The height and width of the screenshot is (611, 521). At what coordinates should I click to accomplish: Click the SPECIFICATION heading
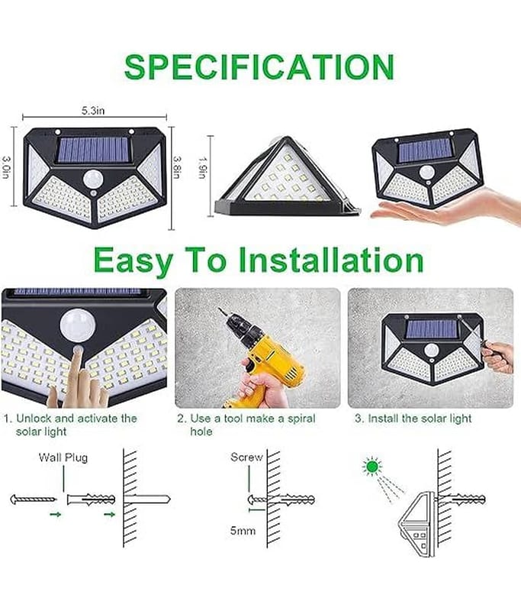click(x=259, y=66)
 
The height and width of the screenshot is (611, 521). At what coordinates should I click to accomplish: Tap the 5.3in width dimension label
click(x=93, y=111)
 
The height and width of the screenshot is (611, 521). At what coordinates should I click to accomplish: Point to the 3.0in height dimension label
click(x=7, y=167)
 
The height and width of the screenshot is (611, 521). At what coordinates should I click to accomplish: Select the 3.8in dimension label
click(x=177, y=167)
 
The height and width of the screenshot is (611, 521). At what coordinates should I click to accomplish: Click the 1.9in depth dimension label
click(x=201, y=167)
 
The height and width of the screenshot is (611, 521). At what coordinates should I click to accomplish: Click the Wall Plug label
click(x=63, y=457)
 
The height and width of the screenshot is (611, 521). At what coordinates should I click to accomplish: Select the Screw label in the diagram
click(x=246, y=457)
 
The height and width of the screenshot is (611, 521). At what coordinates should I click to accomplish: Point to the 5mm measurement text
click(x=243, y=531)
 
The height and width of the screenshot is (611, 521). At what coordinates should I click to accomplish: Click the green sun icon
click(x=372, y=466)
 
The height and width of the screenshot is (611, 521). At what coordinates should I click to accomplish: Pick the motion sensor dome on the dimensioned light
click(x=92, y=179)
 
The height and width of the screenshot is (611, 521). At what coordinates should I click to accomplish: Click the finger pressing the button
click(x=76, y=368)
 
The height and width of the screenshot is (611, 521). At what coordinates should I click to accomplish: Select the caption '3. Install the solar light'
click(x=413, y=419)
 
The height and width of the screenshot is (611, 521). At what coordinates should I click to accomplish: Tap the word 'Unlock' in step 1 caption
click(x=34, y=419)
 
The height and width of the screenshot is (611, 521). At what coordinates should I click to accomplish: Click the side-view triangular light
click(x=287, y=176)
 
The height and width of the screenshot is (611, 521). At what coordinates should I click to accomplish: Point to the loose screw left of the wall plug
click(x=33, y=499)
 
